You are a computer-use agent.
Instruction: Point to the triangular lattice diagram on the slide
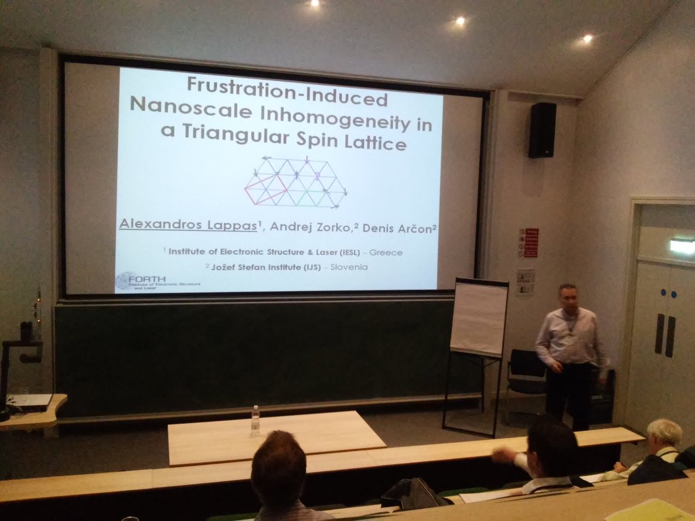click(x=295, y=183)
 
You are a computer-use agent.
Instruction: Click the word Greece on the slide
click(x=386, y=253)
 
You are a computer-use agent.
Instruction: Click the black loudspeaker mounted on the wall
click(x=542, y=130)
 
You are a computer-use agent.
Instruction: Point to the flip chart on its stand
click(x=478, y=318)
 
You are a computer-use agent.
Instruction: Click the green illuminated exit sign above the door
click(x=682, y=245)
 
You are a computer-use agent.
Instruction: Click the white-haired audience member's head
click(x=664, y=435)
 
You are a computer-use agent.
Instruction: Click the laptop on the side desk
click(x=29, y=401)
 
